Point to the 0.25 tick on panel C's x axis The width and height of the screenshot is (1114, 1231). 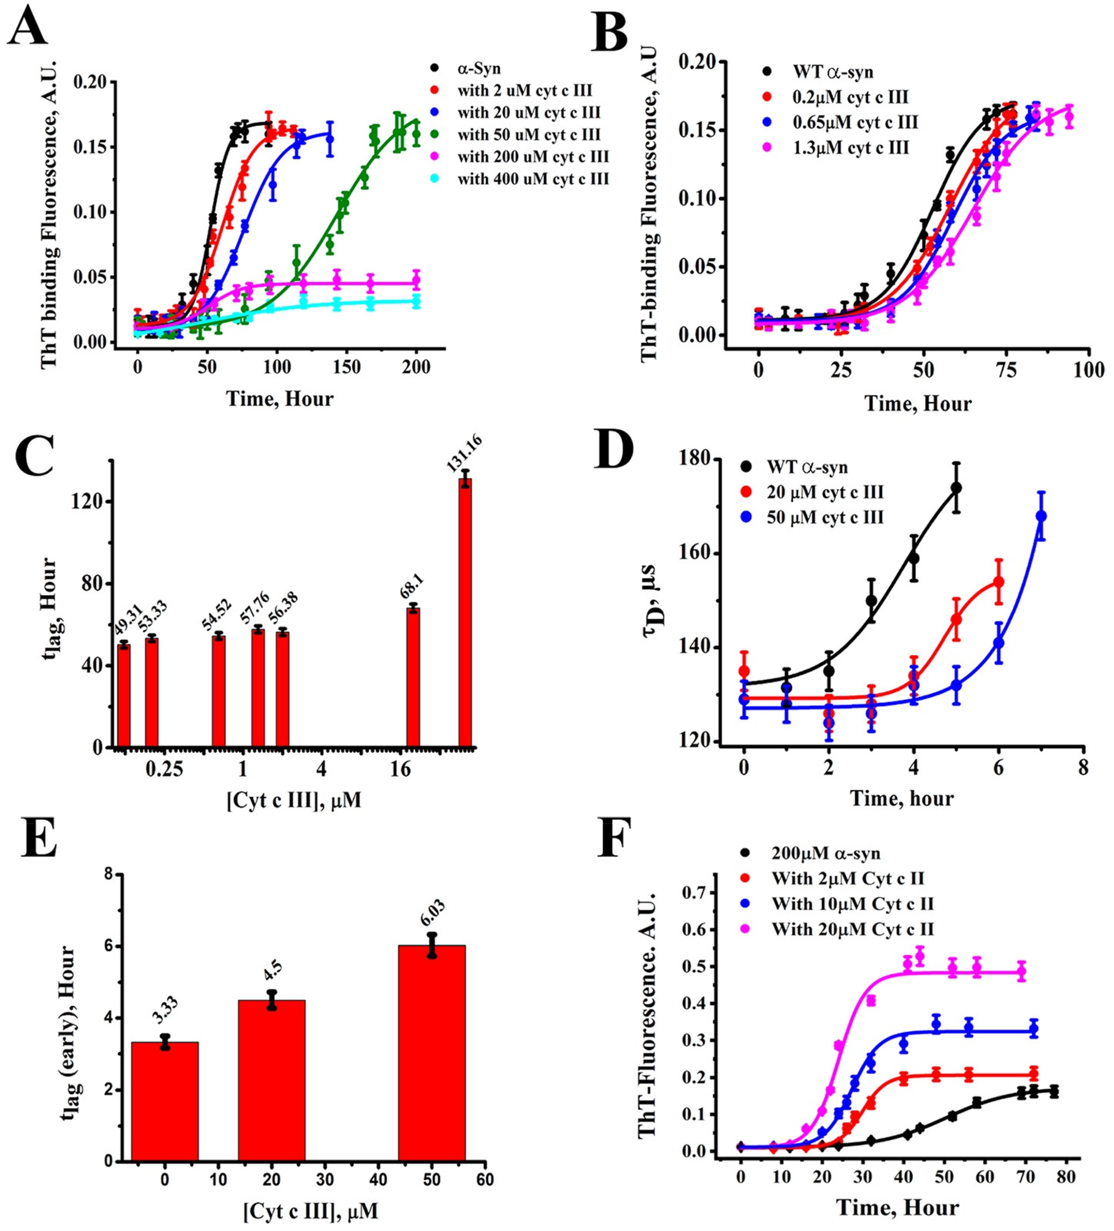click(x=164, y=768)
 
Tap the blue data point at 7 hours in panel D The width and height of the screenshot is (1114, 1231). click(x=1041, y=516)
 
